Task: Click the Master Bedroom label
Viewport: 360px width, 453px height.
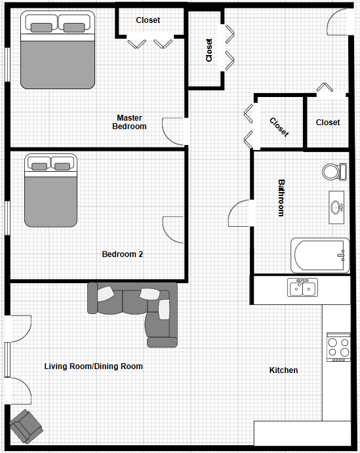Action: coord(129,122)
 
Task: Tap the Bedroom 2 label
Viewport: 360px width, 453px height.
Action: coord(123,254)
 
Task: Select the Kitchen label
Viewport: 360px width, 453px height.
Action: coord(283,370)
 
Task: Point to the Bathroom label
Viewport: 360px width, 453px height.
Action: coord(281,198)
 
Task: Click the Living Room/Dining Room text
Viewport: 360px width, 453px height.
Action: coord(93,366)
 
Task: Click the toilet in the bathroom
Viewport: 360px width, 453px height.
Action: coord(334,172)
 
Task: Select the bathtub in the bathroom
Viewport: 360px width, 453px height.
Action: coord(320,256)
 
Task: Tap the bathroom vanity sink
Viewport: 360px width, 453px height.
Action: coord(336,207)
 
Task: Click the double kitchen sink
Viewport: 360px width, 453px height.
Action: coord(302,287)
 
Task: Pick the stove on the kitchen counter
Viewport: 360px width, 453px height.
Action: coord(338,347)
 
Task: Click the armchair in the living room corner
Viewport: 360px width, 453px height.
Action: coord(26,426)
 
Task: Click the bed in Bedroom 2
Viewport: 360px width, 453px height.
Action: coord(51,190)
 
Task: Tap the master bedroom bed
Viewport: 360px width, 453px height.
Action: coord(58,50)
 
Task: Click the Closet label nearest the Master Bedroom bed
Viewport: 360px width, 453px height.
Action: coord(148,20)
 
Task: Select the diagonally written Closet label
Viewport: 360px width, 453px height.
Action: coord(279,127)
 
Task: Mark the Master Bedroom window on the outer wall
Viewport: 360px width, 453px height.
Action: coord(7,64)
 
